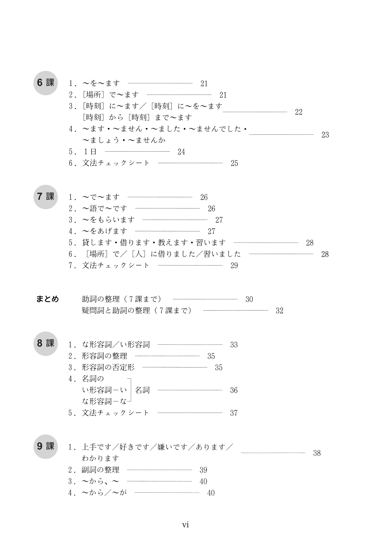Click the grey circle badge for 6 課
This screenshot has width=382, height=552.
[x=46, y=83]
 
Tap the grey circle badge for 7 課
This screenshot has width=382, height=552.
[x=46, y=197]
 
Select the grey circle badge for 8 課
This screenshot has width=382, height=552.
[x=46, y=344]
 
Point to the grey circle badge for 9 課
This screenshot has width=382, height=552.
[x=46, y=447]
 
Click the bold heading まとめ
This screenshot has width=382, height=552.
[x=47, y=299]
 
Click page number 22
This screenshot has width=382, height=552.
[x=299, y=112]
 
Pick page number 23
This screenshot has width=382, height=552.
[x=325, y=135]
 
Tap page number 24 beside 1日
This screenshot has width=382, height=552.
[x=181, y=152]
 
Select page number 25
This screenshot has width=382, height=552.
[x=234, y=164]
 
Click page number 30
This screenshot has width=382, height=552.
[x=249, y=299]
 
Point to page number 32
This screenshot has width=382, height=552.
[x=280, y=311]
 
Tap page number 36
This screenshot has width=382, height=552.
[x=234, y=391]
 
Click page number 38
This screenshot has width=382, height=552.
[x=317, y=453]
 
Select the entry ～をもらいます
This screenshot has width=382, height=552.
[x=109, y=220]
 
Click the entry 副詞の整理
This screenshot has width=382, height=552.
[x=101, y=470]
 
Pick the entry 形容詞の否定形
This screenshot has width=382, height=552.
[x=108, y=367]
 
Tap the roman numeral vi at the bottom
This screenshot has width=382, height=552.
[x=185, y=525]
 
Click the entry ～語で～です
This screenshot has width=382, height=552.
[x=105, y=208]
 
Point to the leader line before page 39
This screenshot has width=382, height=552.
[x=160, y=470]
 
